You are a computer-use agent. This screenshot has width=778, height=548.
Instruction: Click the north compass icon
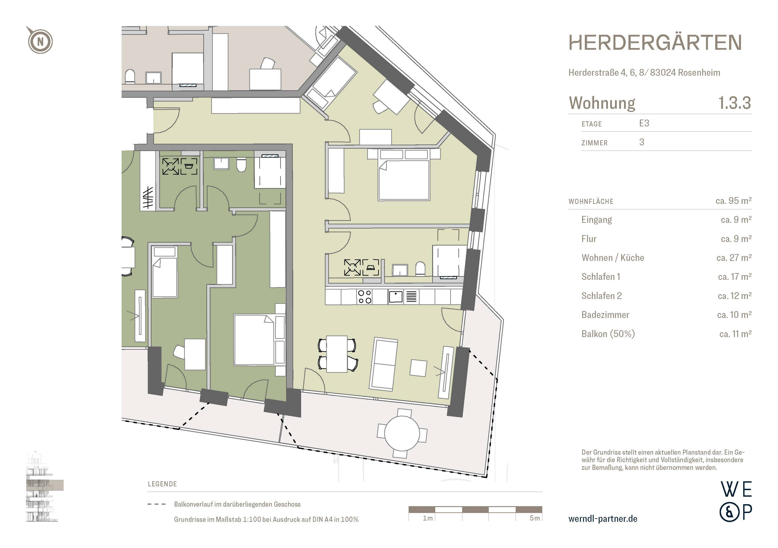tap(40, 41)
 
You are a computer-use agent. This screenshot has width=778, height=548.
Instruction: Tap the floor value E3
tap(644, 123)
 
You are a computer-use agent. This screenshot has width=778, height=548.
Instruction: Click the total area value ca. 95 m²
tap(733, 201)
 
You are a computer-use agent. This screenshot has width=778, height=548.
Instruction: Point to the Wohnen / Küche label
tap(612, 258)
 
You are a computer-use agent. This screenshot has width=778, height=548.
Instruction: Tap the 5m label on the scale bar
tap(534, 518)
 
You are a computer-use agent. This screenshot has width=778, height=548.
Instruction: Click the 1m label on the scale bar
tap(428, 518)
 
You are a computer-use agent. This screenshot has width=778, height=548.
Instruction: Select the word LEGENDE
tap(162, 484)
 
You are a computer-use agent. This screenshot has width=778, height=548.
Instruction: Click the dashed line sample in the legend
tap(157, 504)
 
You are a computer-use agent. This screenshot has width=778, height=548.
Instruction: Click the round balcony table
tap(402, 433)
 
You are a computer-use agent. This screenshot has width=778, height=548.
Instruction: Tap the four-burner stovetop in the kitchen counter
tap(365, 297)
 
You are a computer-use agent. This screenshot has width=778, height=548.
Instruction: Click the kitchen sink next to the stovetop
tap(395, 297)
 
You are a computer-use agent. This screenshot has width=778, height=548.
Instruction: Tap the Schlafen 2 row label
tap(602, 296)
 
